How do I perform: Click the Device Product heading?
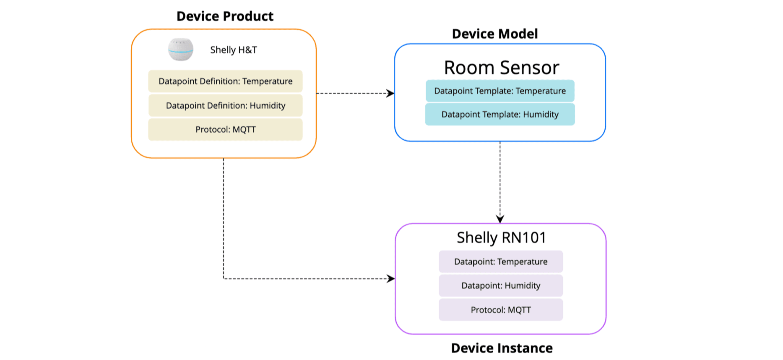pyautogui.click(x=225, y=16)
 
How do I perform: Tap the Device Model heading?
pyautogui.click(x=495, y=34)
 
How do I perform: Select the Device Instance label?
pyautogui.click(x=502, y=348)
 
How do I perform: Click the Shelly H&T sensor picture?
pyautogui.click(x=181, y=50)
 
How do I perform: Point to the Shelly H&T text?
pyautogui.click(x=234, y=50)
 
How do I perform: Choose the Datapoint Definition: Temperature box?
pyautogui.click(x=225, y=81)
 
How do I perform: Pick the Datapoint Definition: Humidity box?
pyautogui.click(x=225, y=106)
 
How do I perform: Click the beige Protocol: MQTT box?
pyautogui.click(x=225, y=130)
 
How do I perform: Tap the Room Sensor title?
pyautogui.click(x=502, y=68)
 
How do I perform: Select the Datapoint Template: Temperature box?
pyautogui.click(x=500, y=91)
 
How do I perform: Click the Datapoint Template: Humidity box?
pyautogui.click(x=500, y=115)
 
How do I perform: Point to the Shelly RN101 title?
pyautogui.click(x=501, y=238)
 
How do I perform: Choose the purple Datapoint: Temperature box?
pyautogui.click(x=501, y=262)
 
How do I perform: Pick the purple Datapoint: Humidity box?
pyautogui.click(x=501, y=286)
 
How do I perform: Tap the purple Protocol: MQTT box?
pyautogui.click(x=501, y=310)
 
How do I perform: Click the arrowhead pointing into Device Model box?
pyautogui.click(x=390, y=93)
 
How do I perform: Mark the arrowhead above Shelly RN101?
pyautogui.click(x=500, y=219)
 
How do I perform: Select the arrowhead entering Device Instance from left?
pyautogui.click(x=391, y=279)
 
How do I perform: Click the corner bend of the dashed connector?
pyautogui.click(x=224, y=279)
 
